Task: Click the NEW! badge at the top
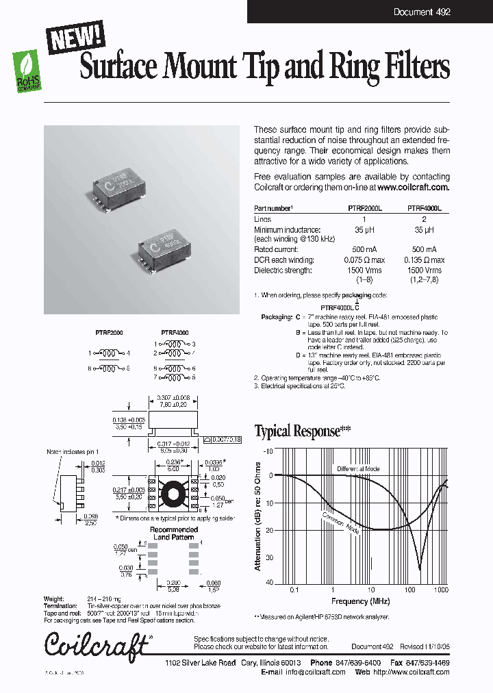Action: coord(75,36)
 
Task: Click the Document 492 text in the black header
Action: coord(422,12)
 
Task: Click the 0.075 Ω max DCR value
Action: coord(364,260)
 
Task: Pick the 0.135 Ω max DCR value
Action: coord(425,260)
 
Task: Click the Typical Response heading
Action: coord(302,431)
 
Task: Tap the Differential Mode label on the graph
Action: coord(357,469)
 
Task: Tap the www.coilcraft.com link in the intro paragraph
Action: coord(413,188)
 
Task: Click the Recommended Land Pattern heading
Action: coord(175,533)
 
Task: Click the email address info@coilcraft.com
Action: coord(316,672)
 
